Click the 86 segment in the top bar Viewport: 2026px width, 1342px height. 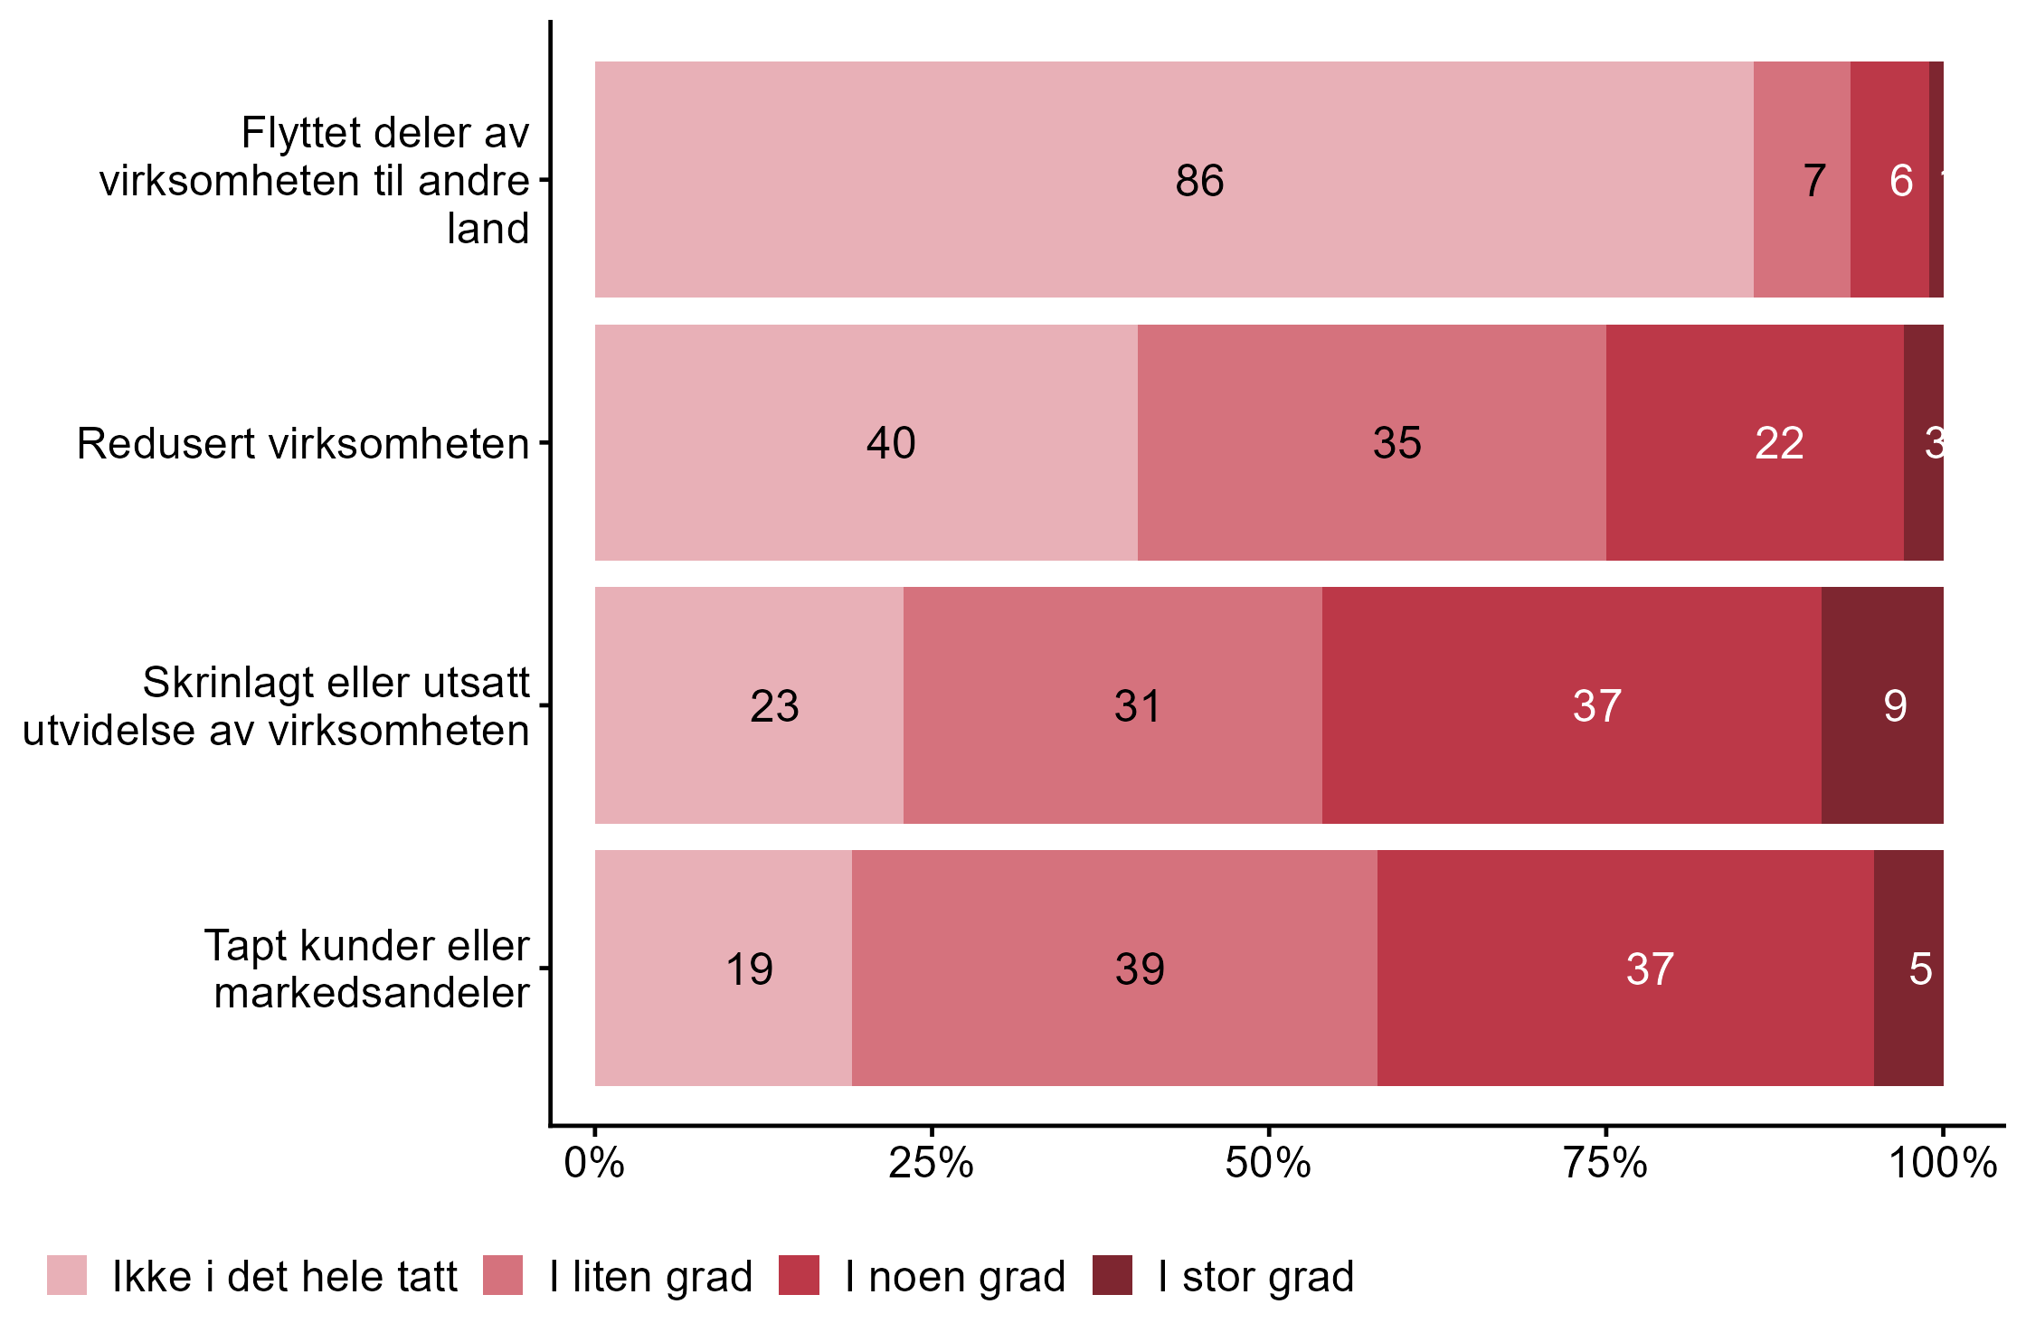[1174, 179]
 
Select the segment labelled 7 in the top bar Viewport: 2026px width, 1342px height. [1801, 179]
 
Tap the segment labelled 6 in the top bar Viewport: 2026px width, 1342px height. [1889, 179]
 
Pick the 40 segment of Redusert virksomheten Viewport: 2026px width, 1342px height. [866, 442]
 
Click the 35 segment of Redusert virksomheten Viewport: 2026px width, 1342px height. [1371, 442]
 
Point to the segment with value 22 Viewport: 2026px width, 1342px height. [1754, 442]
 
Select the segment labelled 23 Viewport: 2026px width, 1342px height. [749, 705]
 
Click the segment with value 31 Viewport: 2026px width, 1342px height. [1112, 705]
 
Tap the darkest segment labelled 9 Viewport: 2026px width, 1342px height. [1881, 705]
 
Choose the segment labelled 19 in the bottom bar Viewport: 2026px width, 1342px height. [723, 968]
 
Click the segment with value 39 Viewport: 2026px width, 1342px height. [1114, 968]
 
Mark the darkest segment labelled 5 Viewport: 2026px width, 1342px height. [1908, 968]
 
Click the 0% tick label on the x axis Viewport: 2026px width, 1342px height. [594, 1163]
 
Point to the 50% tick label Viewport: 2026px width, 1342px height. [1268, 1163]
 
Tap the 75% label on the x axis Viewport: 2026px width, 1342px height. [1605, 1163]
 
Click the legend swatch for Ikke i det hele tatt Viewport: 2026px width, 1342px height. [67, 1275]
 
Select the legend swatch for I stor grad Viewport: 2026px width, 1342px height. [1112, 1275]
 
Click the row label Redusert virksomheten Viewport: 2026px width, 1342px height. [303, 444]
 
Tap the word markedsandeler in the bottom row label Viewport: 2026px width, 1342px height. [371, 993]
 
